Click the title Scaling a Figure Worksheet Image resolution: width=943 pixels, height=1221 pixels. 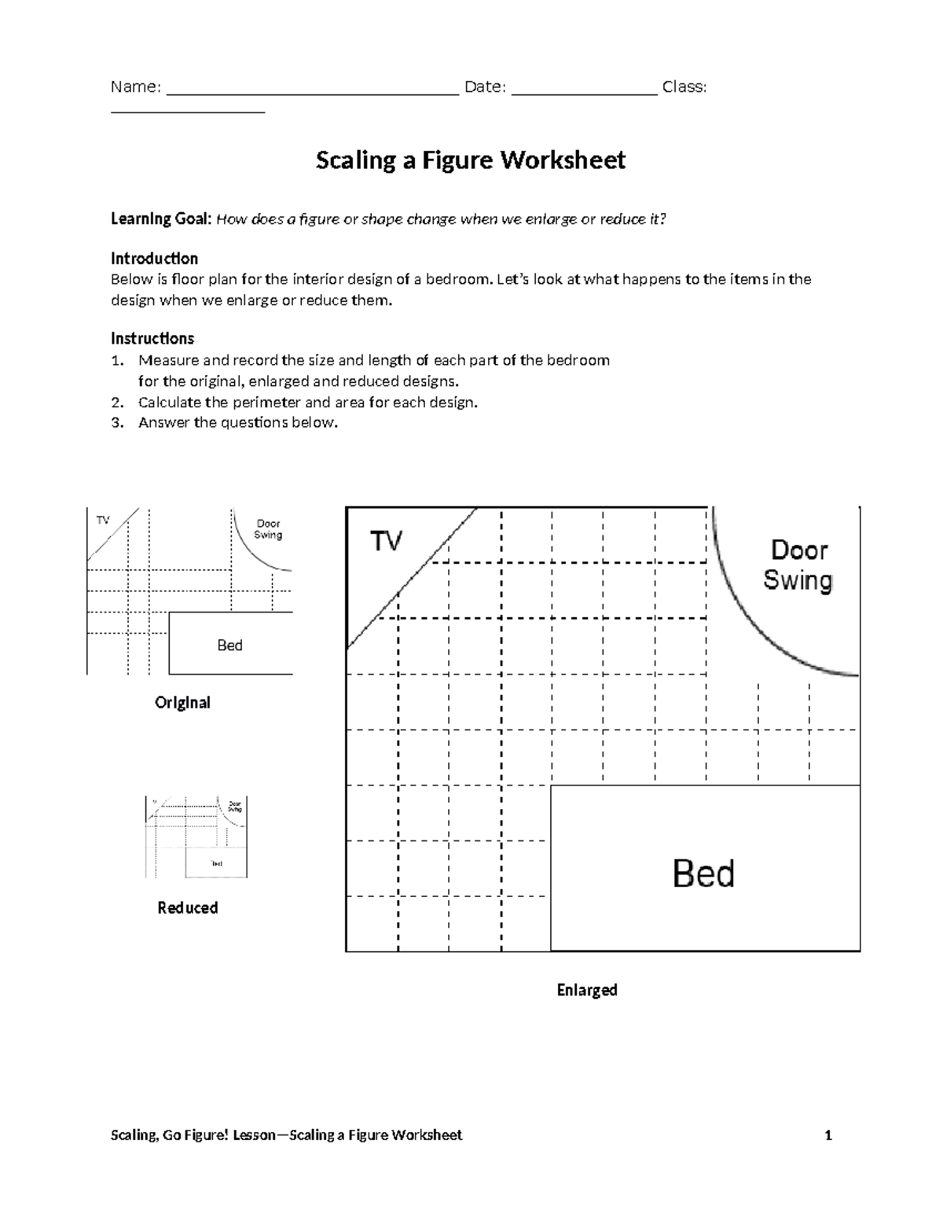470,160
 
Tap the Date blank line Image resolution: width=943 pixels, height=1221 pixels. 584,91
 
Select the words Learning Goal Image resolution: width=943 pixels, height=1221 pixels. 160,219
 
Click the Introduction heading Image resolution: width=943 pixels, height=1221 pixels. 154,259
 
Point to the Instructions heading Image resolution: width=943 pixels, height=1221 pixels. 152,339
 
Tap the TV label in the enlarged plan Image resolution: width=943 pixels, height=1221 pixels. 387,541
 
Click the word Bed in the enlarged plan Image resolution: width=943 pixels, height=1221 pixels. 703,873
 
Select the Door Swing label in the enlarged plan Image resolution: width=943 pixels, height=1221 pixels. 798,565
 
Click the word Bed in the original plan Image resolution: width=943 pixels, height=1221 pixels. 229,645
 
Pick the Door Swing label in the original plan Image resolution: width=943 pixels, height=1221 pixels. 268,529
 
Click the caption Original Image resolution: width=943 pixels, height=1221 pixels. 182,702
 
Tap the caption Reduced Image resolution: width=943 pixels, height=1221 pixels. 187,908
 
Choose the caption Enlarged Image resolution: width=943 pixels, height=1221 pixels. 587,990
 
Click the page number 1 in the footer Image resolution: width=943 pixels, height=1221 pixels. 828,1135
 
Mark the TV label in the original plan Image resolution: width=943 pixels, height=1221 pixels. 103,520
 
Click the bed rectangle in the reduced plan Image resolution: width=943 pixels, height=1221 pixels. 216,863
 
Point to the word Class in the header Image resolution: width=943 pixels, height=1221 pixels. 684,87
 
